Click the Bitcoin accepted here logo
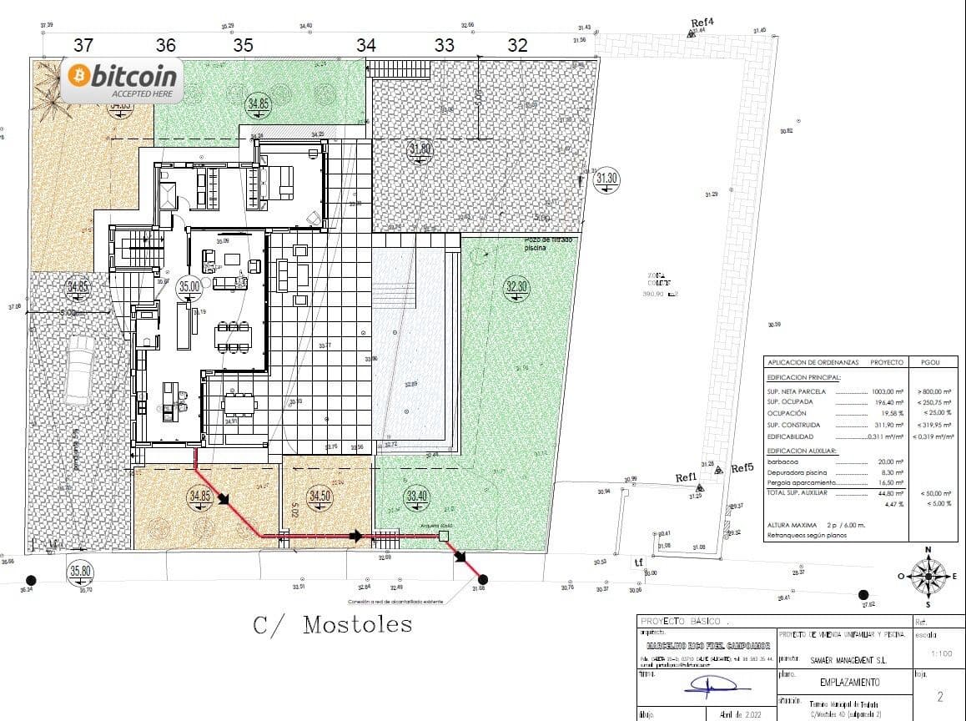123,81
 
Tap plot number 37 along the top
83,45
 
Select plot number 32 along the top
517,46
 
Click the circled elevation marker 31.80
420,150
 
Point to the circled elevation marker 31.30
606,178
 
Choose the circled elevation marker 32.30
516,287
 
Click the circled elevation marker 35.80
80,572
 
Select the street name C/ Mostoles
332,623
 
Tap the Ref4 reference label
702,23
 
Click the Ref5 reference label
742,468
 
